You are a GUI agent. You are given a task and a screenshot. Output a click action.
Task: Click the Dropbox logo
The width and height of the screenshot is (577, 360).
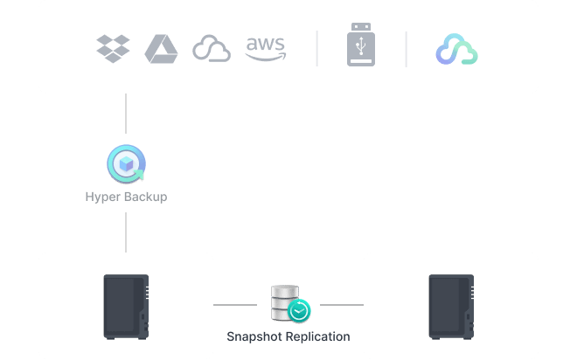113,48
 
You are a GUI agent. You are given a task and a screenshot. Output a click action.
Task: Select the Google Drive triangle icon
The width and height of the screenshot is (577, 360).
162,48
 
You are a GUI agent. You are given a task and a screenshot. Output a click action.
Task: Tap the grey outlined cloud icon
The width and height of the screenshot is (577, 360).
212,49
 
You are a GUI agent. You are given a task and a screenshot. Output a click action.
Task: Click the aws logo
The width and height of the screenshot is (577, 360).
265,48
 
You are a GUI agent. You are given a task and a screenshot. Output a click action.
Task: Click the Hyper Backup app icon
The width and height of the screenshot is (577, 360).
126,163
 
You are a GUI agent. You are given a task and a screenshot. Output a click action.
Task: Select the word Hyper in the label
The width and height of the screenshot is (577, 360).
101,197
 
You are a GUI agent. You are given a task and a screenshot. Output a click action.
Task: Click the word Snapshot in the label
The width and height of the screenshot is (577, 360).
254,336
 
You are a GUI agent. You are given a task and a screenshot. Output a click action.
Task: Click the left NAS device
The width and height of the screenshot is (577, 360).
126,306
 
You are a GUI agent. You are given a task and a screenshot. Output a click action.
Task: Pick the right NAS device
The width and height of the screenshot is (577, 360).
450,306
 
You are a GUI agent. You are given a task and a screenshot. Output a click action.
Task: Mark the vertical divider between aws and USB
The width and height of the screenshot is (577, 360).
316,49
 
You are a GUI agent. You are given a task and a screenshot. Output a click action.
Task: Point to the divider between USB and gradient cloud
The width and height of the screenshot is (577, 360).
406,49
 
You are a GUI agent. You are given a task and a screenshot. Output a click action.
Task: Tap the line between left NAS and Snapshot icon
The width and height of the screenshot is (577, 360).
236,305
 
